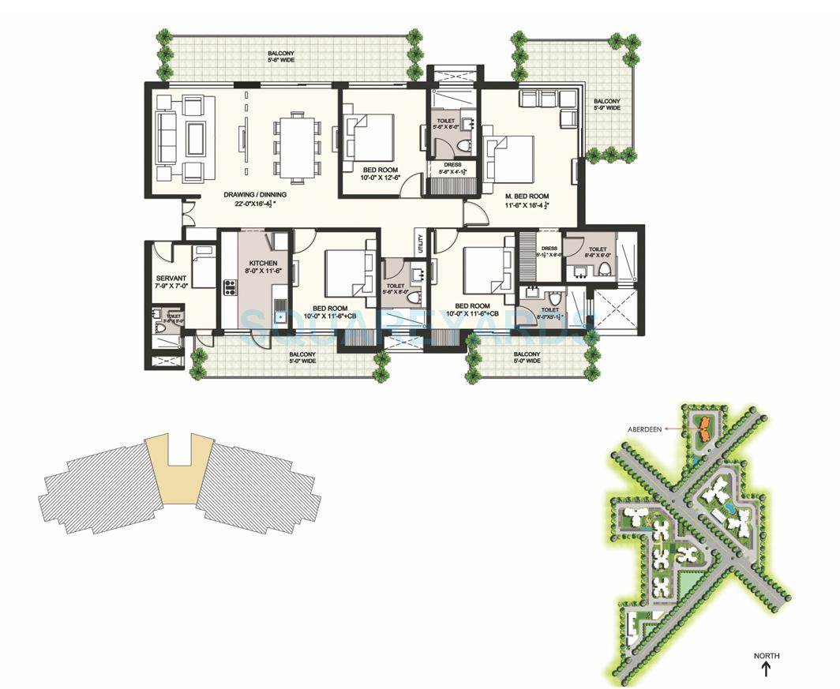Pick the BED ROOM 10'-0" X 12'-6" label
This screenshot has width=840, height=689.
[x=381, y=174]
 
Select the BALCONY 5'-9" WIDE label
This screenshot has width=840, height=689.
[x=607, y=104]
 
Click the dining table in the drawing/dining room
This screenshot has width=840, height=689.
[x=297, y=147]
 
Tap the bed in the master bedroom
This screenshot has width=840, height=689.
[x=511, y=159]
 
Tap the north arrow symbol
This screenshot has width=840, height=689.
[x=766, y=669]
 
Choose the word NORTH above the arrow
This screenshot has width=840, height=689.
[x=766, y=655]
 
